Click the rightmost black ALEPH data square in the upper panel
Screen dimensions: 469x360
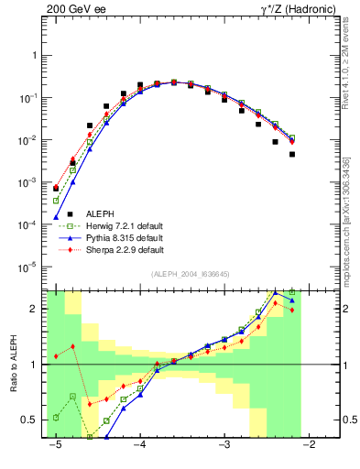(292, 154)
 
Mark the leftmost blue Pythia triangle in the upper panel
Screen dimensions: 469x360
(56, 217)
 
